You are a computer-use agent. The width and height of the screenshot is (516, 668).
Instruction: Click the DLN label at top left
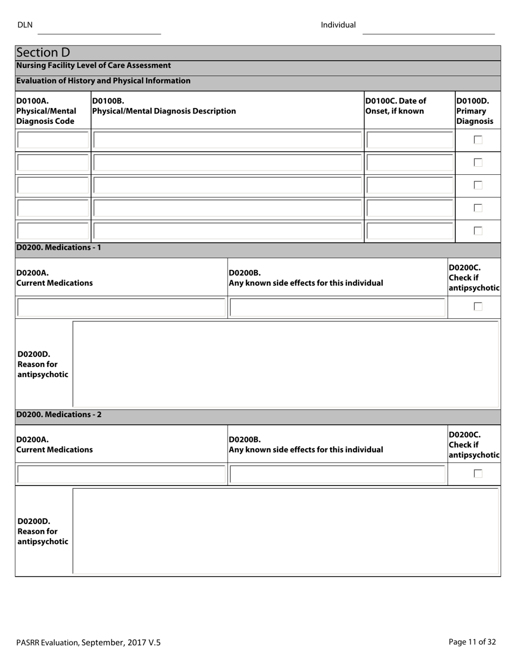[25, 25]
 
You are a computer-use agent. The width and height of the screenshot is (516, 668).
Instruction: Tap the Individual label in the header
[338, 25]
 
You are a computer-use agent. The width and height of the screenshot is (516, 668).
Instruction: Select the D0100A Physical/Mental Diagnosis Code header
[46, 111]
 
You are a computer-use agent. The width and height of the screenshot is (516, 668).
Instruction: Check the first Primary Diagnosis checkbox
[478, 140]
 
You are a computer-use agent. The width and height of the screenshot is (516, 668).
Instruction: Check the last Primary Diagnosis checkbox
[478, 231]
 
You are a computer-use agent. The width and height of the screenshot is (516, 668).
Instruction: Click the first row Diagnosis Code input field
[53, 140]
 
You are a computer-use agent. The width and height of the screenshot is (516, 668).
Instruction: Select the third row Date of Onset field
[410, 185]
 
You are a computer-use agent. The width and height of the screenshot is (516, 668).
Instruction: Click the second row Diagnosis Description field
[228, 162]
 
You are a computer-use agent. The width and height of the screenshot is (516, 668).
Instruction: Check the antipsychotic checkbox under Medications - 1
[478, 307]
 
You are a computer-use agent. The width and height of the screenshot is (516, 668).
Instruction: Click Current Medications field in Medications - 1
[121, 307]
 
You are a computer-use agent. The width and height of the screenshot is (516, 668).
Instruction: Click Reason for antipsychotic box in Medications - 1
[285, 364]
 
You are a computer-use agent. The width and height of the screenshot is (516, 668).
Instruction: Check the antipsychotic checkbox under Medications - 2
[478, 474]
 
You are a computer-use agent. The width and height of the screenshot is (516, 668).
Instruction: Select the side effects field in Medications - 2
[337, 474]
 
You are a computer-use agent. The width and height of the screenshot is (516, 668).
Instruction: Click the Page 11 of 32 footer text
[472, 642]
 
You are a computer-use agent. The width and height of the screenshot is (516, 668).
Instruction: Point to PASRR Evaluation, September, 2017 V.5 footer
[89, 642]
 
